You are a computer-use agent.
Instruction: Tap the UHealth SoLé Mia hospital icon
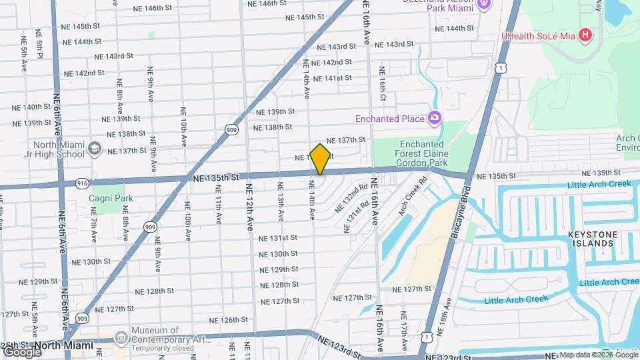click(585, 34)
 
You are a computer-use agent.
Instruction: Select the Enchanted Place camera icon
click(435, 119)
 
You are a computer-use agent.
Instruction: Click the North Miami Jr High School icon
click(95, 148)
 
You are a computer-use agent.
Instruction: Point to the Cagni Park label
click(112, 198)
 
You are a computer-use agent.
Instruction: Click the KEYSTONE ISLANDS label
click(590, 239)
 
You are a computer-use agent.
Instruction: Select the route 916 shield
click(82, 182)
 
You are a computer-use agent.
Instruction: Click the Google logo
click(21, 351)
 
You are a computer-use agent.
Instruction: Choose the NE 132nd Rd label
click(351, 199)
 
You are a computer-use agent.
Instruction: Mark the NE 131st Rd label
click(356, 217)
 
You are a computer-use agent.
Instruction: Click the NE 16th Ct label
click(382, 81)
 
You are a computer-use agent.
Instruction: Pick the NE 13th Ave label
click(280, 207)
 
